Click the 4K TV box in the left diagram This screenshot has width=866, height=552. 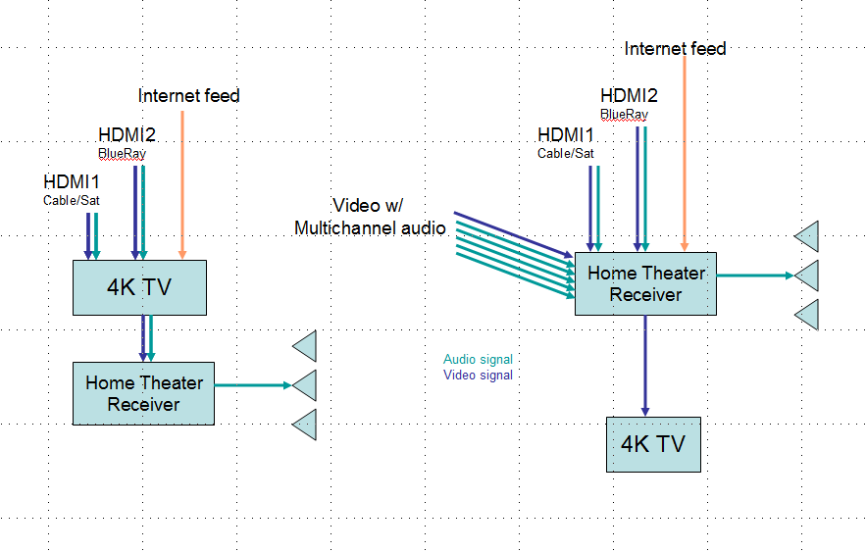click(x=140, y=287)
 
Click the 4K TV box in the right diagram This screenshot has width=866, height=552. click(x=653, y=444)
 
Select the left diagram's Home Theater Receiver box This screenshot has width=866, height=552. click(x=143, y=393)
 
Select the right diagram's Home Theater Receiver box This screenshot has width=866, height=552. click(x=645, y=283)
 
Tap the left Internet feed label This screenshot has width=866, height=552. click(x=189, y=95)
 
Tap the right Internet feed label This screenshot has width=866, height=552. click(x=675, y=48)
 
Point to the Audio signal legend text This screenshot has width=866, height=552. click(x=478, y=360)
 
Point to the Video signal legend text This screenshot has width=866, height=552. click(x=478, y=375)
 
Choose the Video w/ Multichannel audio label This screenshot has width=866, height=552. click(x=370, y=217)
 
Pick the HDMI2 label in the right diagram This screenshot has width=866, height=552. click(x=629, y=95)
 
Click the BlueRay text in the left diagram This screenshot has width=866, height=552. click(x=122, y=153)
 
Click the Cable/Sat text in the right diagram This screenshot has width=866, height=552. click(x=565, y=153)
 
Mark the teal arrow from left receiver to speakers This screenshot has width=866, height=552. click(x=252, y=385)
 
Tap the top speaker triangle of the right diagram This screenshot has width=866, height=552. click(x=806, y=236)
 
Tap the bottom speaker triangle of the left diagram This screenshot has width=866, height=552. click(x=305, y=425)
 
